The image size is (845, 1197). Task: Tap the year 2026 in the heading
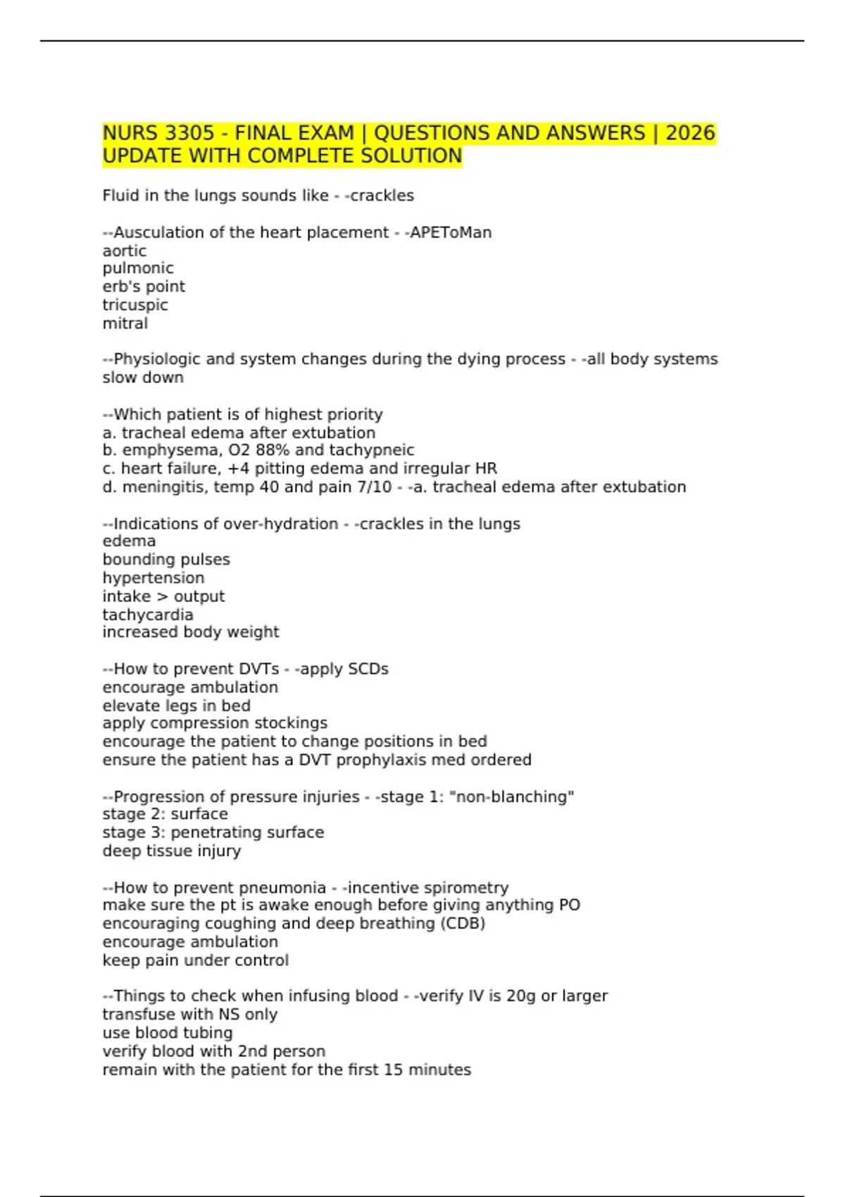pyautogui.click(x=690, y=133)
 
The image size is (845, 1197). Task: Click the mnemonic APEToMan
pyautogui.click(x=451, y=232)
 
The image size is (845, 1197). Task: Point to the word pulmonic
pyautogui.click(x=138, y=268)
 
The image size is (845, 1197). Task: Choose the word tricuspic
pyautogui.click(x=135, y=305)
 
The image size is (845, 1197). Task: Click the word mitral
pyautogui.click(x=125, y=323)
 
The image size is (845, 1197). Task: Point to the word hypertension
pyautogui.click(x=154, y=578)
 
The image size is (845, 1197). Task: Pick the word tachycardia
pyautogui.click(x=148, y=615)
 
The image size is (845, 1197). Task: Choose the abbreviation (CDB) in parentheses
pyautogui.click(x=463, y=923)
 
